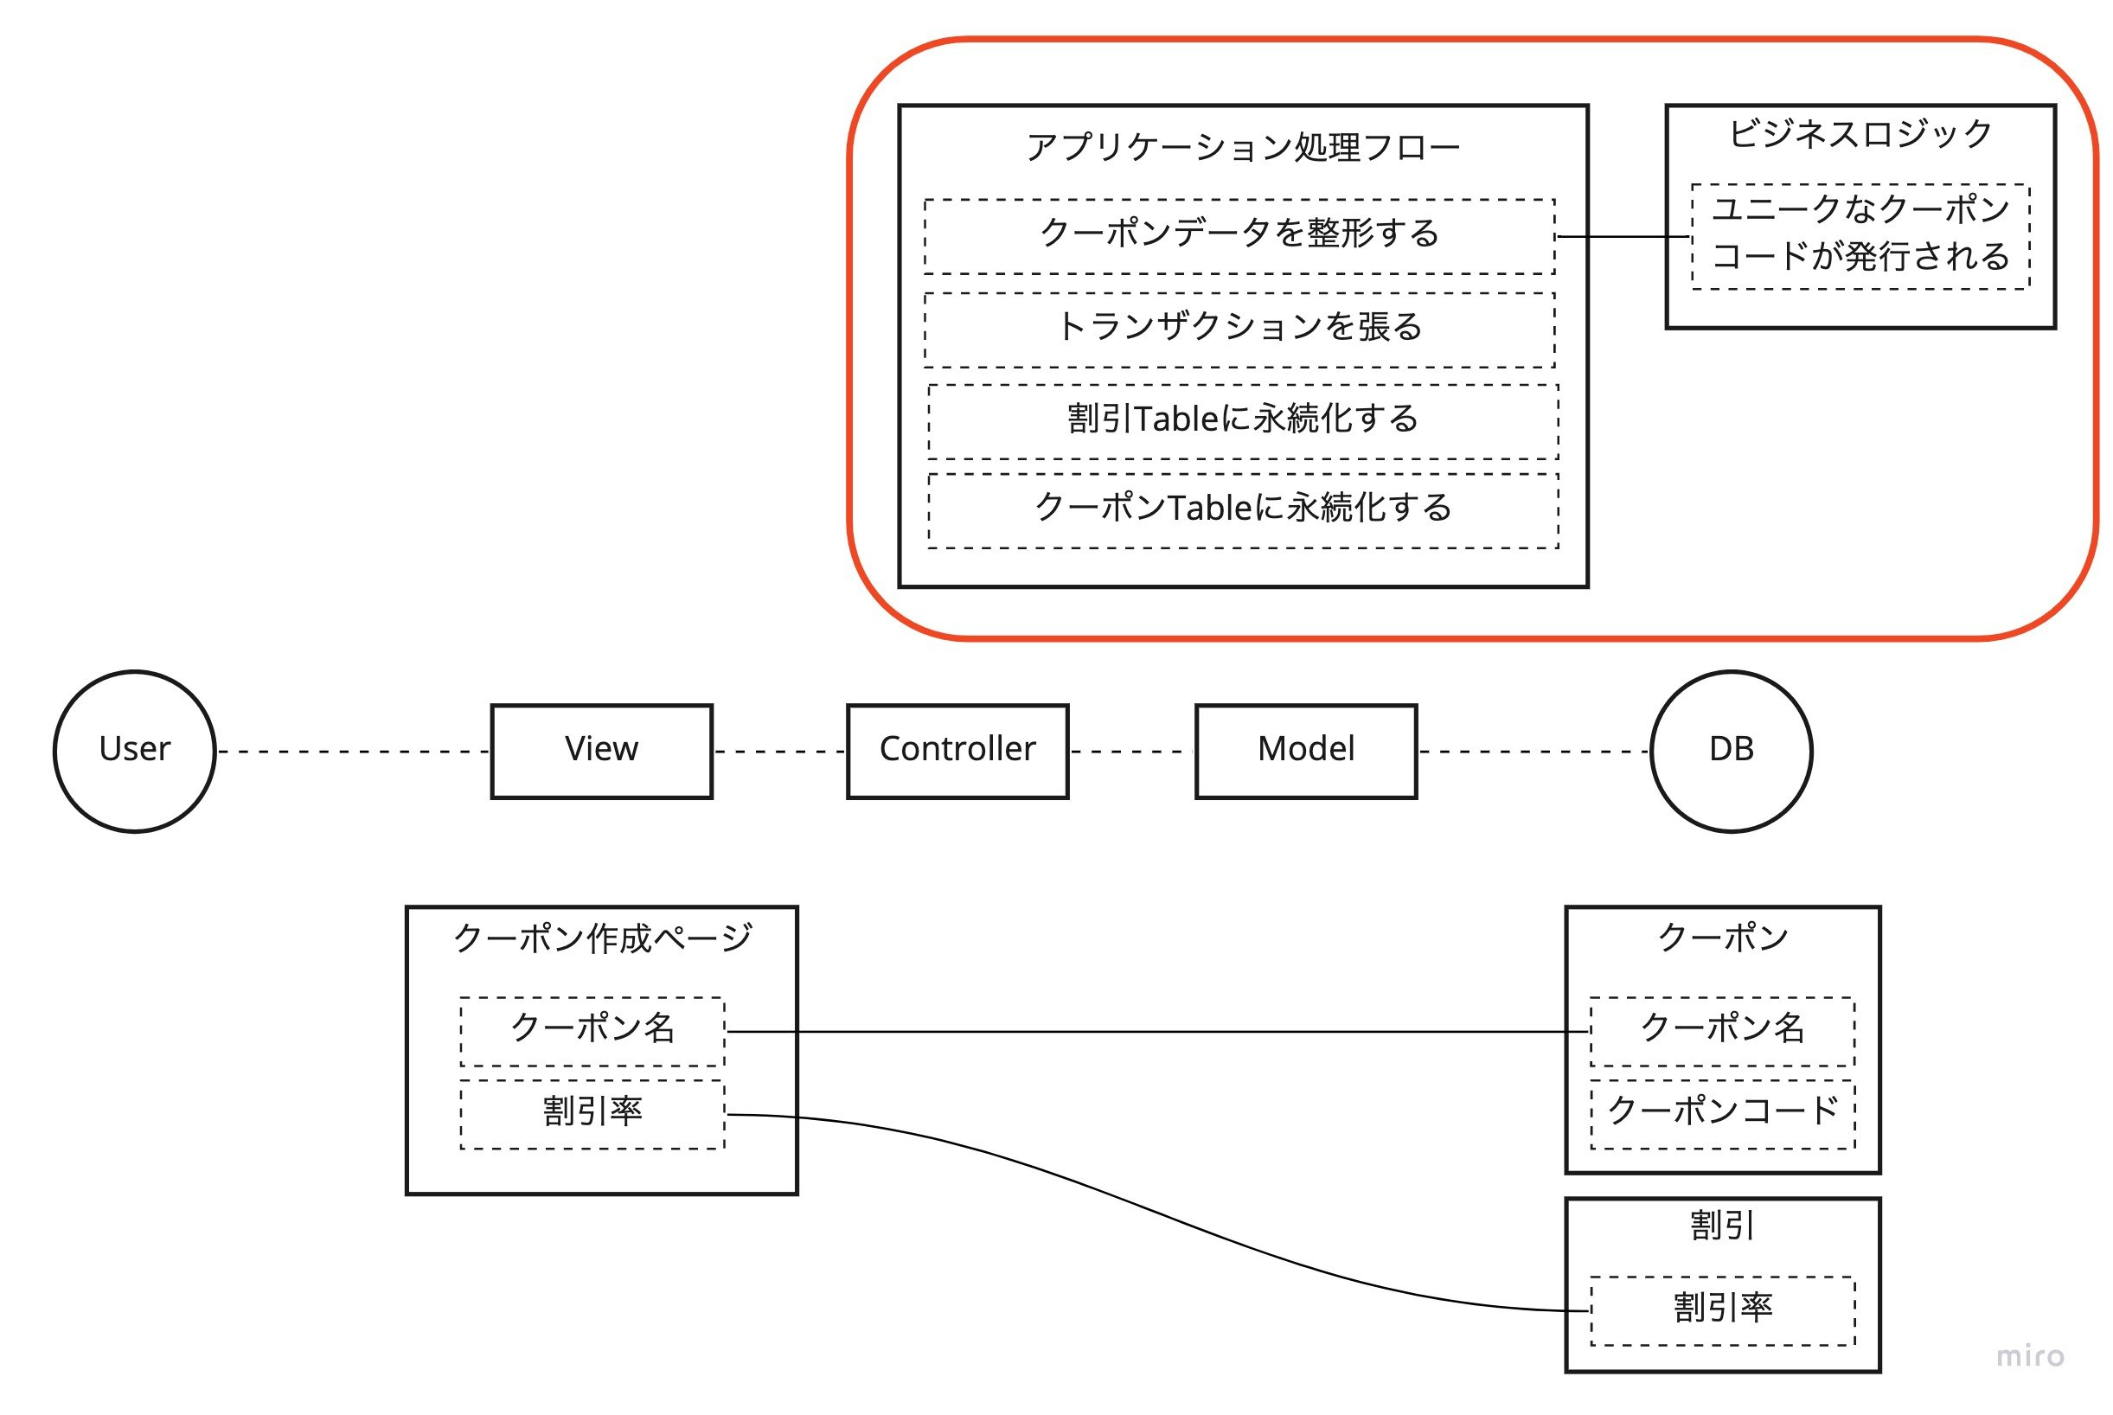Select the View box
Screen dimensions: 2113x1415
(602, 751)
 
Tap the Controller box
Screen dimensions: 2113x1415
(957, 751)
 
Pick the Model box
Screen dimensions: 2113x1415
(1305, 751)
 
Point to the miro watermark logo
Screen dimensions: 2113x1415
(2030, 1356)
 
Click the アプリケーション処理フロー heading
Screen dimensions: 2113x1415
(1242, 147)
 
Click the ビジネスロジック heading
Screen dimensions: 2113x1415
(1860, 133)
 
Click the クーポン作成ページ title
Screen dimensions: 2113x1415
(602, 938)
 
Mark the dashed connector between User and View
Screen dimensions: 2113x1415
(354, 751)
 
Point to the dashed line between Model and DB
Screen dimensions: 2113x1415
(1534, 751)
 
